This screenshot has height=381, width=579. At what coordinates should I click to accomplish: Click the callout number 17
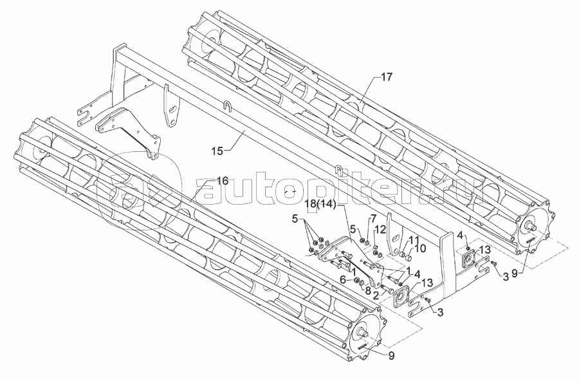coord(386,77)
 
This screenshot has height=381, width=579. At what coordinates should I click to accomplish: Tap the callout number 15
coord(217,151)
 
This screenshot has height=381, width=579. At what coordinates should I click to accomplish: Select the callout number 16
coord(222,181)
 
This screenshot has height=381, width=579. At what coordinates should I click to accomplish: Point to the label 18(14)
coord(320,204)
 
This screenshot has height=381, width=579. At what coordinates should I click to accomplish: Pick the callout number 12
coord(380,230)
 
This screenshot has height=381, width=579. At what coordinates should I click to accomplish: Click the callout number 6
coord(344,279)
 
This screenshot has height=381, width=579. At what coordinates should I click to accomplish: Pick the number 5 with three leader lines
coord(295,218)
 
